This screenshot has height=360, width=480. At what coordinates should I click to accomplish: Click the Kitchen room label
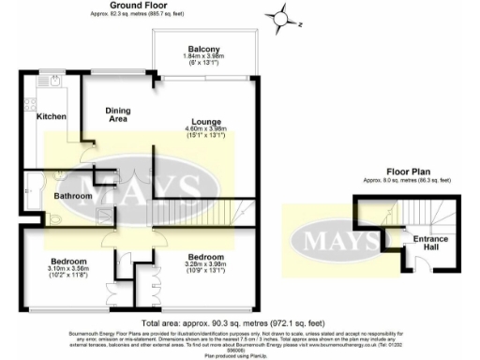point(50,117)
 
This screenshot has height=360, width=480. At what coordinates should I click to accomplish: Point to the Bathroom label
point(71,196)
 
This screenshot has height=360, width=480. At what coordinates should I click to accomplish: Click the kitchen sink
point(55,82)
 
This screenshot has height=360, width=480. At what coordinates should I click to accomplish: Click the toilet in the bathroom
point(52,217)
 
